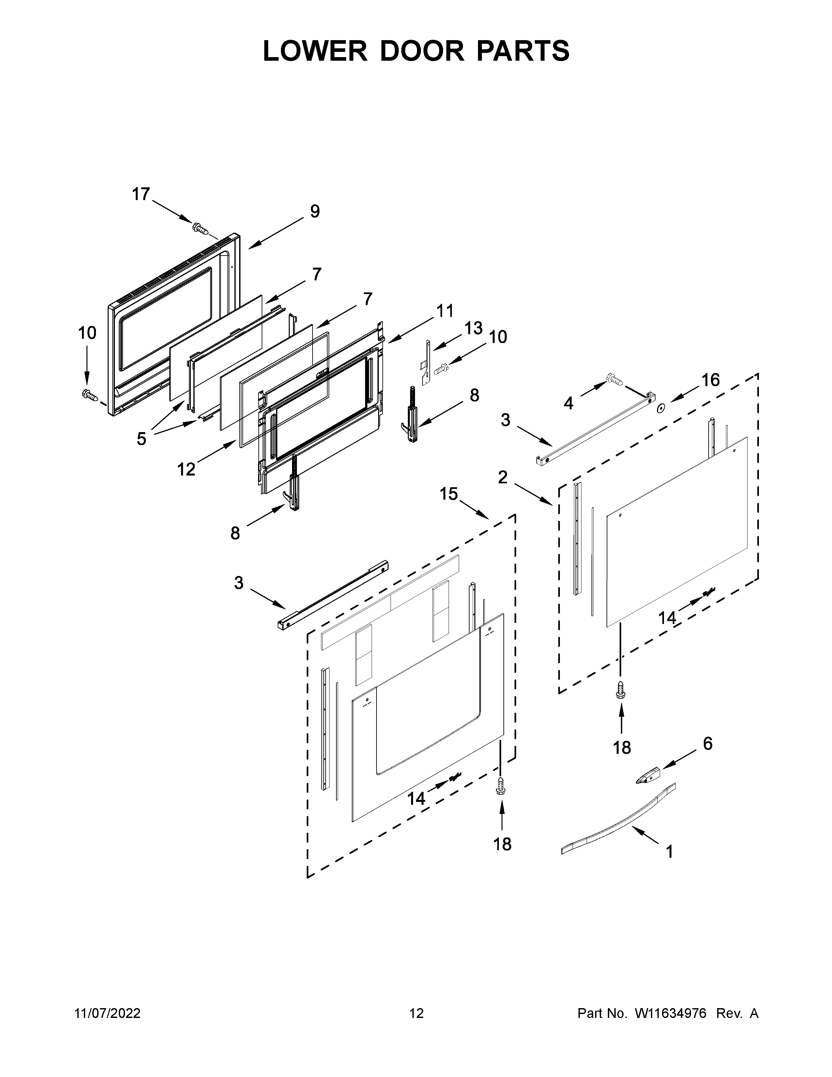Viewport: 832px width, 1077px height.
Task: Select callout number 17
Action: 141,194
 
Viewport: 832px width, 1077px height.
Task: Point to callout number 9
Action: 315,211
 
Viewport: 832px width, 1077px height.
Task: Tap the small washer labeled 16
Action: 659,407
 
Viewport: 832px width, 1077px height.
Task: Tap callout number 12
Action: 186,469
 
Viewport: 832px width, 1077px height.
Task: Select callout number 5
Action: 142,438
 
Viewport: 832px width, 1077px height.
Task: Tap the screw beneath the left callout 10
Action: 89,394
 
